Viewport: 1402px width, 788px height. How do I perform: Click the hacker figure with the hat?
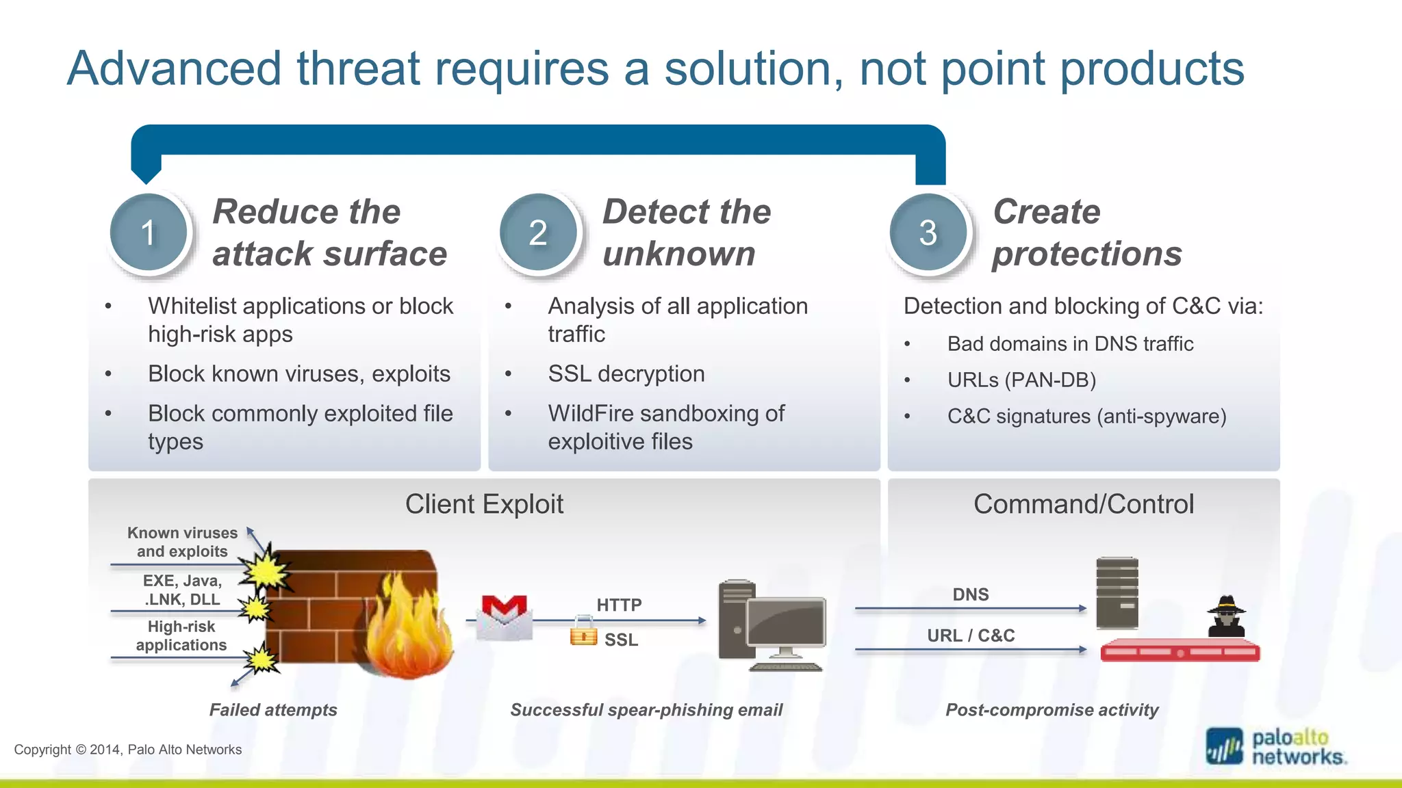(1226, 617)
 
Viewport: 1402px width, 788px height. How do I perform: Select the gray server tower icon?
(1117, 593)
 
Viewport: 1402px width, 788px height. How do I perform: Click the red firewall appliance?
(1180, 651)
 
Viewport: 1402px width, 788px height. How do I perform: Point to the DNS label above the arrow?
(971, 594)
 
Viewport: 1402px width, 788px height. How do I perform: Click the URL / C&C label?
(971, 635)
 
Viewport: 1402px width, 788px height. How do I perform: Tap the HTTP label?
(619, 605)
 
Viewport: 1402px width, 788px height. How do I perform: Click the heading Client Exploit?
(484, 504)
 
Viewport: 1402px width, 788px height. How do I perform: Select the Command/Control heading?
(1083, 504)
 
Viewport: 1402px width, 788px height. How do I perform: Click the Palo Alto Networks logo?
(1275, 747)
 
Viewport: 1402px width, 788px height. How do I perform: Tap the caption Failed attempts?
(272, 710)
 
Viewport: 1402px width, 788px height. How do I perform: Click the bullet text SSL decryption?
(626, 374)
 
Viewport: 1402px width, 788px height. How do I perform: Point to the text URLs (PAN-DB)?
(1021, 380)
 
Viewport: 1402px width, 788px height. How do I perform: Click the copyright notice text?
(128, 750)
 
